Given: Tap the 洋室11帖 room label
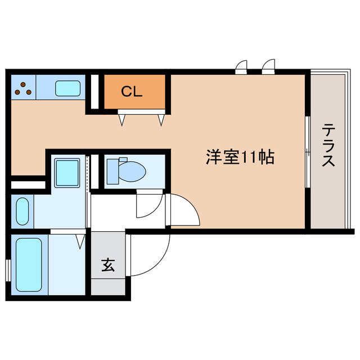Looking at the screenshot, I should click(x=238, y=158).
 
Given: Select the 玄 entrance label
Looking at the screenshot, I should click(x=109, y=264).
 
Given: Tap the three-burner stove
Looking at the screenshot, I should click(x=23, y=88).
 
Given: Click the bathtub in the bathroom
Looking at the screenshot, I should click(x=29, y=264).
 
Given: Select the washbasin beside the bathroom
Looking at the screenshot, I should click(x=22, y=211).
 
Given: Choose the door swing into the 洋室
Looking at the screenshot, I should click(x=186, y=209).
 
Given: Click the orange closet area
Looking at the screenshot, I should click(x=135, y=93).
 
